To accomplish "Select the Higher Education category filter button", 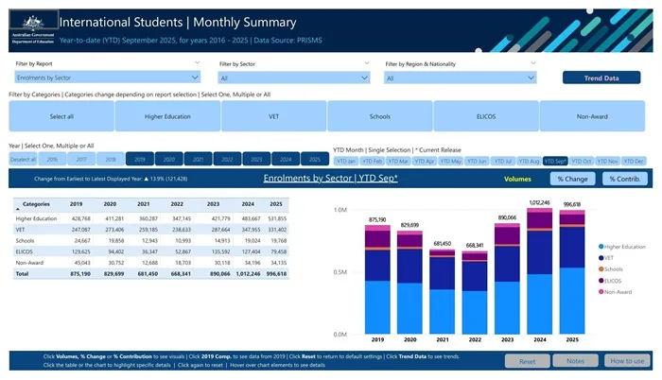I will [167, 116].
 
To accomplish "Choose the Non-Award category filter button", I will [592, 116].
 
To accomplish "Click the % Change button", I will [573, 178].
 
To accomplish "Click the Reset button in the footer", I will [529, 361].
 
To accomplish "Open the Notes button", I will [576, 361].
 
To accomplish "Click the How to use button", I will [625, 361].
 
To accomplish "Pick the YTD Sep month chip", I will [555, 161].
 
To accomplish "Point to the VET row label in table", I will [22, 229].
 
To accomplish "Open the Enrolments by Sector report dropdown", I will [105, 78].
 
